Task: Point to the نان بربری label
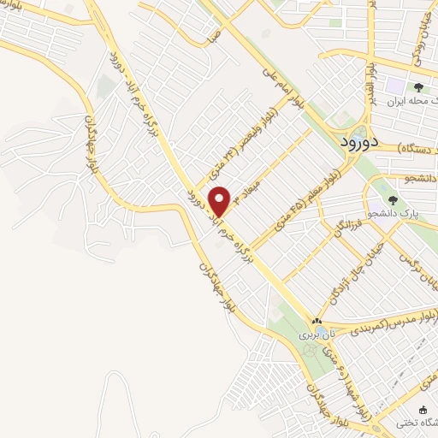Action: (x=313, y=336)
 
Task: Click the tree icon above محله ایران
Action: (x=418, y=88)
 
